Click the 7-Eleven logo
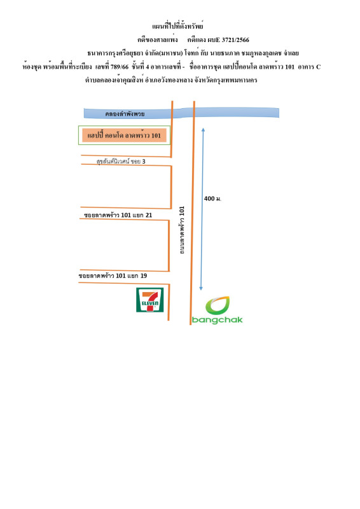point(151,301)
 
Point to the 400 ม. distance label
point(212,199)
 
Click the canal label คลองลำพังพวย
point(125,114)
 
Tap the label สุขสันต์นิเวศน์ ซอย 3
point(121,161)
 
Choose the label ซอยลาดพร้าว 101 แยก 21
point(118,215)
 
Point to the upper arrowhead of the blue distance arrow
point(202,130)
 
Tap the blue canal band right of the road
point(235,113)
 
